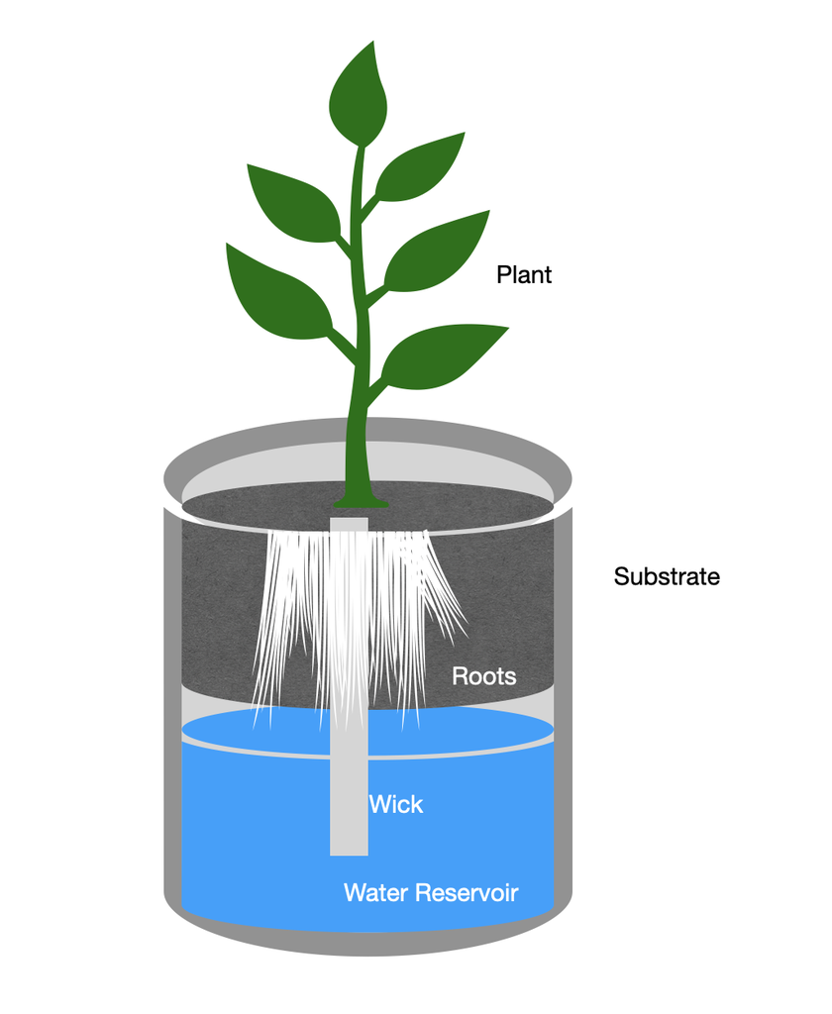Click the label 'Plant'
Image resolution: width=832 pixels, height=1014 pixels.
coord(524,274)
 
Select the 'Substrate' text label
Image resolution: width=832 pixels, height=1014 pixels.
coord(667,576)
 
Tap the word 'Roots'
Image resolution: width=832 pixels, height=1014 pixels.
coord(484,676)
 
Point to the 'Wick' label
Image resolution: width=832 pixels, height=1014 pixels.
coord(396,804)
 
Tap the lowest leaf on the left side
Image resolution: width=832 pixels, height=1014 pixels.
coord(274,292)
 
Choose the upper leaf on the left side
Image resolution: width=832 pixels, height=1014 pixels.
coord(292,202)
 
